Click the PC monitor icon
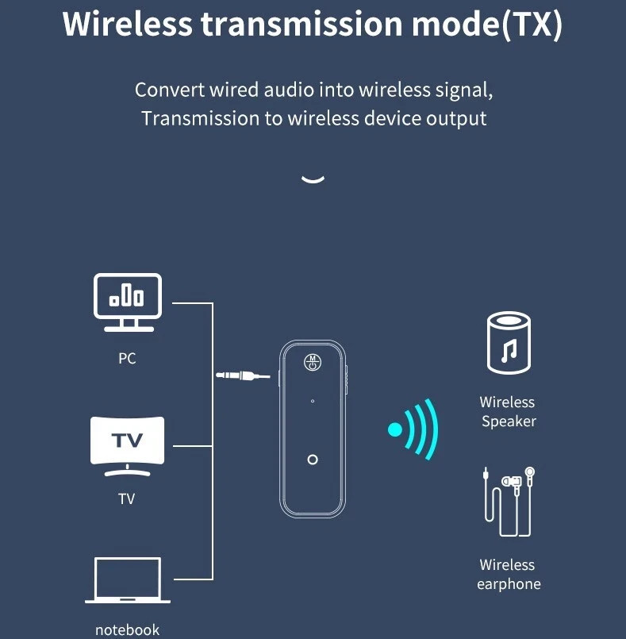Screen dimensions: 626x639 pos(128,301)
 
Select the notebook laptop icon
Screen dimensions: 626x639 pos(128,580)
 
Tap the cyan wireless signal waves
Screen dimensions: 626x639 pos(414,429)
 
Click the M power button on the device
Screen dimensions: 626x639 pos(313,362)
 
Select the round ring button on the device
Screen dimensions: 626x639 pos(313,460)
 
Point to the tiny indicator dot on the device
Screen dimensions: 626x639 pos(313,401)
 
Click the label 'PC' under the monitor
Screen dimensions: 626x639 pos(127,359)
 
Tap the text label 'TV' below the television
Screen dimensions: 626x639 pos(127,499)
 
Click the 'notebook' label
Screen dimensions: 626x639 pos(127,630)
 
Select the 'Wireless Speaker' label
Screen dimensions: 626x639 pos(508,412)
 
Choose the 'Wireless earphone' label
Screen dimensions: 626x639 pos(509,575)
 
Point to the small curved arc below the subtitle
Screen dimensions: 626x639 pos(313,179)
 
